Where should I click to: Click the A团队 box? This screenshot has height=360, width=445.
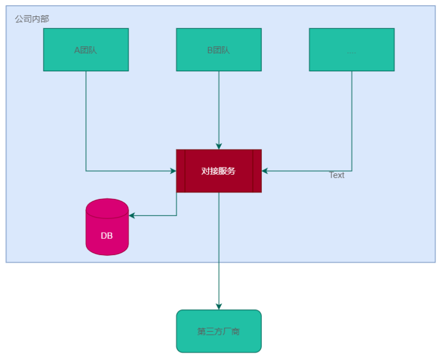pos(86,49)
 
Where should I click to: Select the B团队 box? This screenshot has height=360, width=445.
pos(218,49)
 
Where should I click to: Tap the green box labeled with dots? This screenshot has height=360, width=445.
pos(352,49)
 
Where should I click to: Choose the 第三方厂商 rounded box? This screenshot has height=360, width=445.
pos(218,331)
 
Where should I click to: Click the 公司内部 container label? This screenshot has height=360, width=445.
pos(32,19)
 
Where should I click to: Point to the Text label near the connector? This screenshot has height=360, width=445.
pos(337,175)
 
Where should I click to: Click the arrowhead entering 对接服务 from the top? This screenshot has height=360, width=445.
pos(219,146)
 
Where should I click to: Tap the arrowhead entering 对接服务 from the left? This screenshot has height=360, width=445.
pos(172,171)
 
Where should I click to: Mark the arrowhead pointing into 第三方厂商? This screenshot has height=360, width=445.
pos(219,306)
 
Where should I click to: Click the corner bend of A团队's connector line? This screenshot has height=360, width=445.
pos(86,171)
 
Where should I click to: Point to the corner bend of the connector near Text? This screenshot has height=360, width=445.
pos(352,171)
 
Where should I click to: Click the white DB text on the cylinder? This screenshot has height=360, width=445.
pos(107,236)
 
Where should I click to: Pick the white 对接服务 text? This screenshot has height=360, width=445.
pos(218,171)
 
